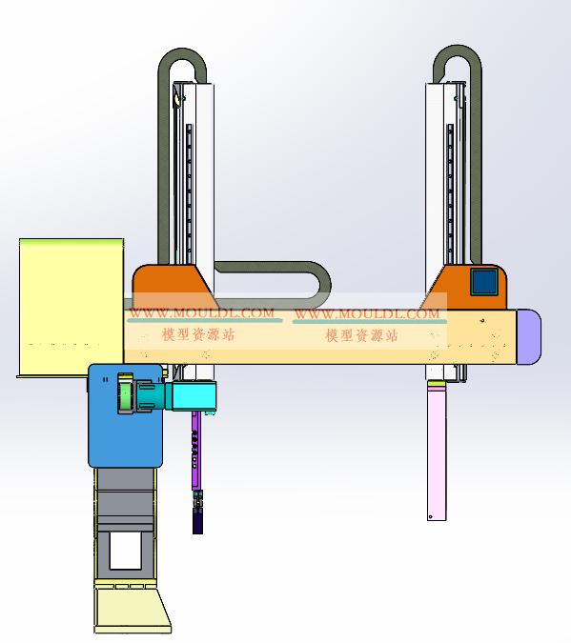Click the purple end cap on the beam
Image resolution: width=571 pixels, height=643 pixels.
529,336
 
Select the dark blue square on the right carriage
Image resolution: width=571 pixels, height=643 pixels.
484,282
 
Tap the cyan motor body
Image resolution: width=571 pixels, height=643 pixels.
194,395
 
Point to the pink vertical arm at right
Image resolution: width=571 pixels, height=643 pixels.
437,452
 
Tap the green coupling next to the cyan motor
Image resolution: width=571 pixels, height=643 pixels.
125,393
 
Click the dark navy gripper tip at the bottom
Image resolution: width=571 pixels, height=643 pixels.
197,522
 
